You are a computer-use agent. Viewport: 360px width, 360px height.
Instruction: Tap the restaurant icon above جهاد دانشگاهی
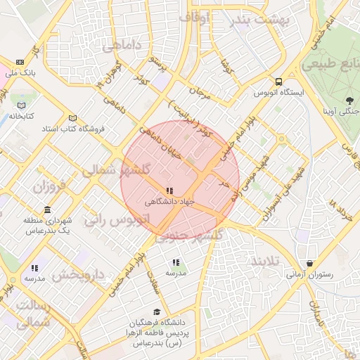coord(169,191)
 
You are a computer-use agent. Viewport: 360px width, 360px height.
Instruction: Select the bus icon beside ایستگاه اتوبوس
coord(279,82)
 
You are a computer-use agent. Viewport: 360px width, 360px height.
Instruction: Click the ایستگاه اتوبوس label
coord(280,93)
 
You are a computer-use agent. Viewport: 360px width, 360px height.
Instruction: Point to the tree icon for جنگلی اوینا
coord(350,101)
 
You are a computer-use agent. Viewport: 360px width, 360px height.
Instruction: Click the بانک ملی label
coord(20,72)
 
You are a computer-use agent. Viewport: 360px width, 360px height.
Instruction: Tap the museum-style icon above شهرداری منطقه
coord(47,210)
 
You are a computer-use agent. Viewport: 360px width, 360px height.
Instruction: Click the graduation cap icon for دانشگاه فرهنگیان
coord(156,312)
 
